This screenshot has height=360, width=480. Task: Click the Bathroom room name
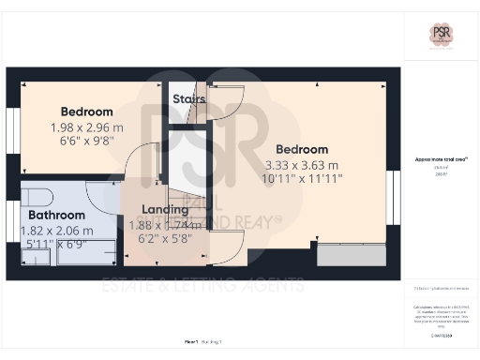[55, 215]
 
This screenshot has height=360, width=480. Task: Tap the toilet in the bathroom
[34, 198]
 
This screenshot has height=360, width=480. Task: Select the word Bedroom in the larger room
[302, 149]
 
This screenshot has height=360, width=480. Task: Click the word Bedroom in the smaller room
[86, 112]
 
